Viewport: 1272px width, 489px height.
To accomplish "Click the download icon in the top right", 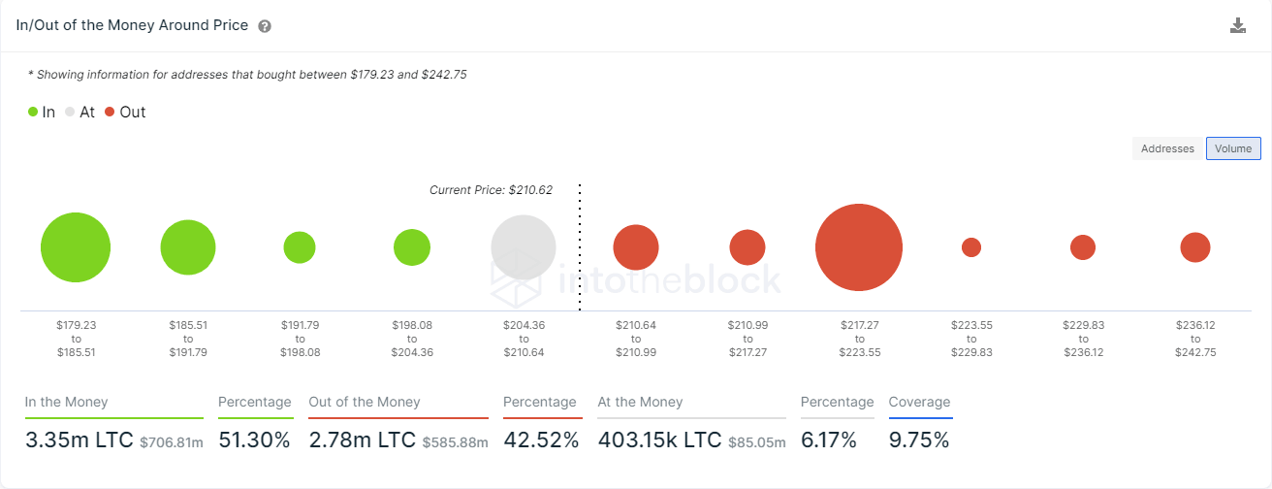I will [1237, 26].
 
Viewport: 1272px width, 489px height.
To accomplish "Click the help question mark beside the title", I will [265, 26].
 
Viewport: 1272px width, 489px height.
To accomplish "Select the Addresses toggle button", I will [1167, 148].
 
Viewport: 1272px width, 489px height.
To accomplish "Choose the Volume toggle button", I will [1233, 148].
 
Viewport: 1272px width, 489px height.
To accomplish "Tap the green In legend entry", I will [42, 113].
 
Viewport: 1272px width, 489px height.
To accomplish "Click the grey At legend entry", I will [79, 113].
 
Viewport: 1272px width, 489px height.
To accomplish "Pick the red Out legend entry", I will [125, 113].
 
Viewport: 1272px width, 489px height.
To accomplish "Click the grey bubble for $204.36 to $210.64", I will [524, 247].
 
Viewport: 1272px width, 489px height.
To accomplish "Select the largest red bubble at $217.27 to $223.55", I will [859, 247].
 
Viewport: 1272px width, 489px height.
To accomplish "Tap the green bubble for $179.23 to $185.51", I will [76, 247].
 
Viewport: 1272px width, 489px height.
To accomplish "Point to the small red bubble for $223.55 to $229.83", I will [971, 247].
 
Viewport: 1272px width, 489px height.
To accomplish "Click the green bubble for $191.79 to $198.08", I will [300, 247].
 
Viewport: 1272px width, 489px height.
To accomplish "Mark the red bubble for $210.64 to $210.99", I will [636, 247].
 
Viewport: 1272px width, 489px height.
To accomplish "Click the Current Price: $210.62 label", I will [491, 190].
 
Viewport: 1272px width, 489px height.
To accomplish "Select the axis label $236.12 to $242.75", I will [1195, 339].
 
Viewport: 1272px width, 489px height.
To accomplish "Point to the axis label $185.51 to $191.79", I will [188, 339].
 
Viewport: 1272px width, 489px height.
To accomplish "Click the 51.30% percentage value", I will [254, 440].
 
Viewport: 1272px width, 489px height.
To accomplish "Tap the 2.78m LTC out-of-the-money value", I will [361, 440].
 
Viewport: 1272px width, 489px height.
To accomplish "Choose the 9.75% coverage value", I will [919, 440].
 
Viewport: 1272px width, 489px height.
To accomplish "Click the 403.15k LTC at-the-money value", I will [659, 440].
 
